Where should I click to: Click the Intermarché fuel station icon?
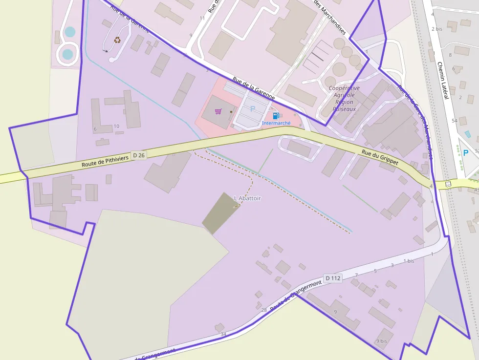point(276,116)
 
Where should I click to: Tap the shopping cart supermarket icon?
point(218,111)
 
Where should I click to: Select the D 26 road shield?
point(139,155)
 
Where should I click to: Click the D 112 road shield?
point(333,278)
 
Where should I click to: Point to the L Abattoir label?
point(248,198)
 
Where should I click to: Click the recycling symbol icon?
point(117,40)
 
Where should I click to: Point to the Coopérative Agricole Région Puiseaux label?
point(344,99)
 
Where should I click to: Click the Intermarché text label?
point(276,123)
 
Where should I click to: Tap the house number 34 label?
point(223,334)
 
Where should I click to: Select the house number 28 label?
point(264,310)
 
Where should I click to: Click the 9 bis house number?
point(381,341)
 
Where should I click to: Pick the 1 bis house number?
point(409,261)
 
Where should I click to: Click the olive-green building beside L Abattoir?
point(221,210)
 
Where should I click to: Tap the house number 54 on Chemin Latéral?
point(455,120)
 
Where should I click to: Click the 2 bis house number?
point(436,29)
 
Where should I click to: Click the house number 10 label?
point(116,126)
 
